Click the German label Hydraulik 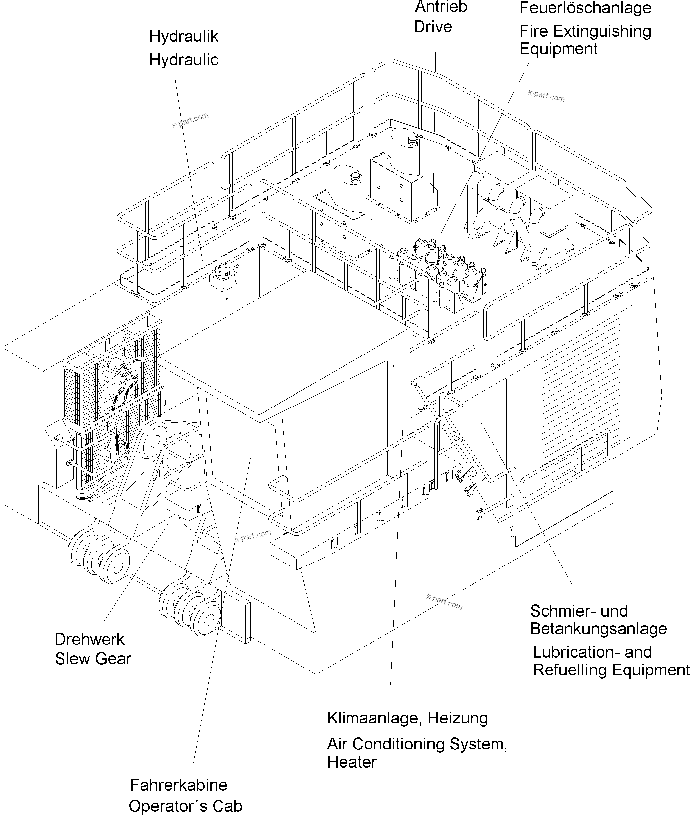(x=184, y=37)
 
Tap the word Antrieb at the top (x=441, y=7)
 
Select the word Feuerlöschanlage (x=585, y=8)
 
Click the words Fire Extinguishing (x=585, y=31)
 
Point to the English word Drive (x=433, y=27)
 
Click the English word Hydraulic (x=184, y=60)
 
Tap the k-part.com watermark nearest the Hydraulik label (x=190, y=120)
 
